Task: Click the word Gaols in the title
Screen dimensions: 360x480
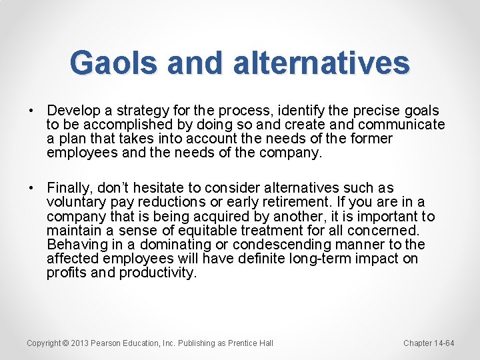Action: pyautogui.click(x=114, y=63)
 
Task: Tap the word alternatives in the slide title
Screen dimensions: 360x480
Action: pyautogui.click(x=321, y=63)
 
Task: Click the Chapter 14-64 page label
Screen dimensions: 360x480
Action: pyautogui.click(x=429, y=343)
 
